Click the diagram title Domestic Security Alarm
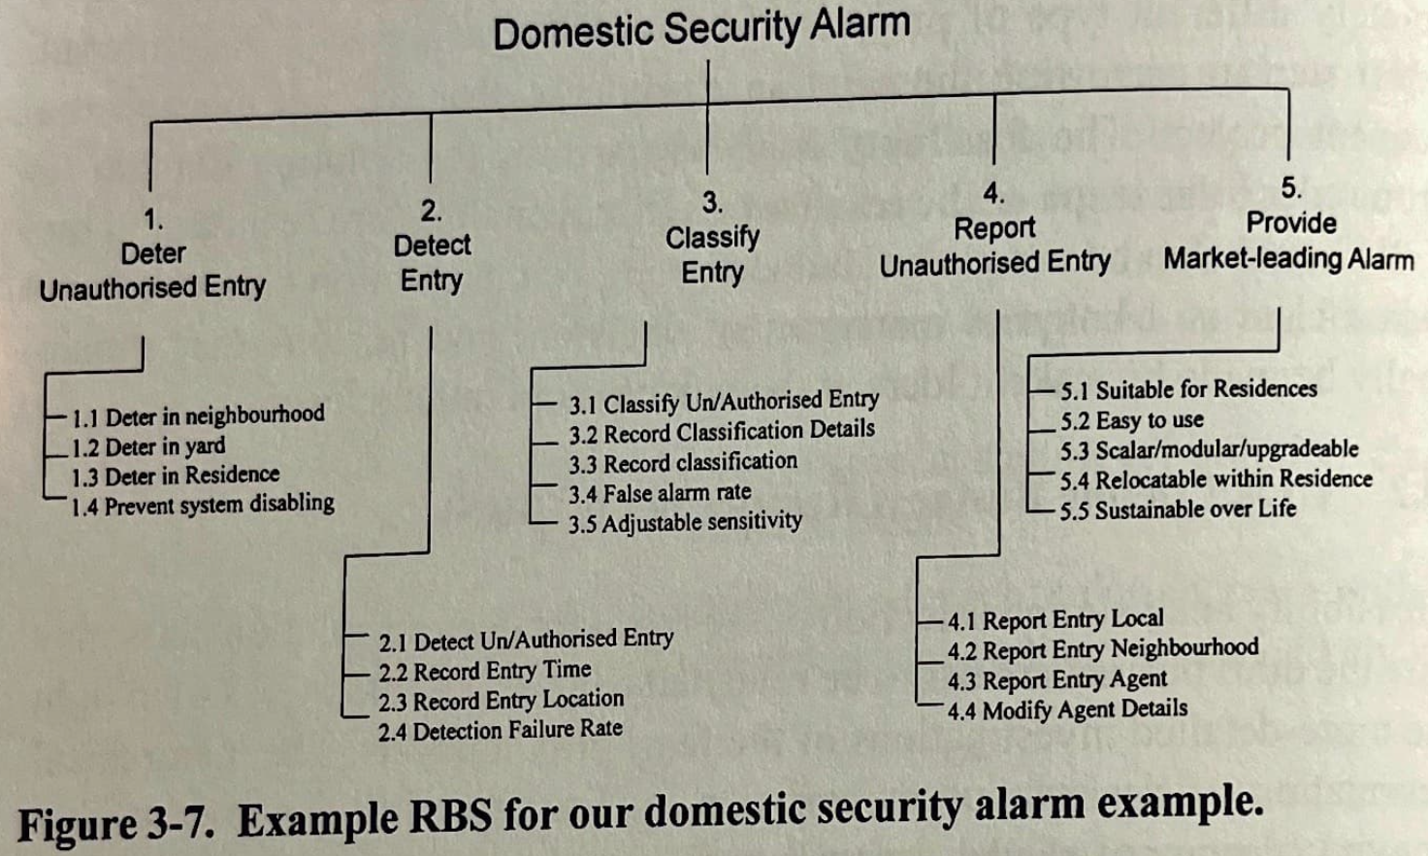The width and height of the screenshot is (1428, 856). coord(700,28)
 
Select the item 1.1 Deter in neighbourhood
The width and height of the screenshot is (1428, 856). coord(198,416)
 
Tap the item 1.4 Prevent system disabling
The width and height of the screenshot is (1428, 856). coord(203,505)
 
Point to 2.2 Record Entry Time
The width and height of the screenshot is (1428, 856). coord(484,671)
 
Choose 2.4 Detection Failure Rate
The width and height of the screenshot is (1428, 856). coord(500,730)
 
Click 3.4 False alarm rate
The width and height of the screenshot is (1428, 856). coord(660,493)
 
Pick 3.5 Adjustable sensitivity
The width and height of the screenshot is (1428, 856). coord(685,523)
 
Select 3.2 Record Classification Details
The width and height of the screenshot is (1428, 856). coord(722,432)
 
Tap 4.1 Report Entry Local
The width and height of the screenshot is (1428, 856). coord(1055,620)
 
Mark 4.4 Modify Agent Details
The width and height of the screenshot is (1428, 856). coord(1067,709)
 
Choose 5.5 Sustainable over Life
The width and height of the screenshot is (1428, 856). coord(1178,510)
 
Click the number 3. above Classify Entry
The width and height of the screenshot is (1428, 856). coord(712,203)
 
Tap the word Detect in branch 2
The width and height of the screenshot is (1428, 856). coord(432,246)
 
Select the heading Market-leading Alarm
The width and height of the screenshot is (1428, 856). coord(1288,259)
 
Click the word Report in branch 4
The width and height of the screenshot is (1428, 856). coord(994,229)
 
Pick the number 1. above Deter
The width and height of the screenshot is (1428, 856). coord(153,219)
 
